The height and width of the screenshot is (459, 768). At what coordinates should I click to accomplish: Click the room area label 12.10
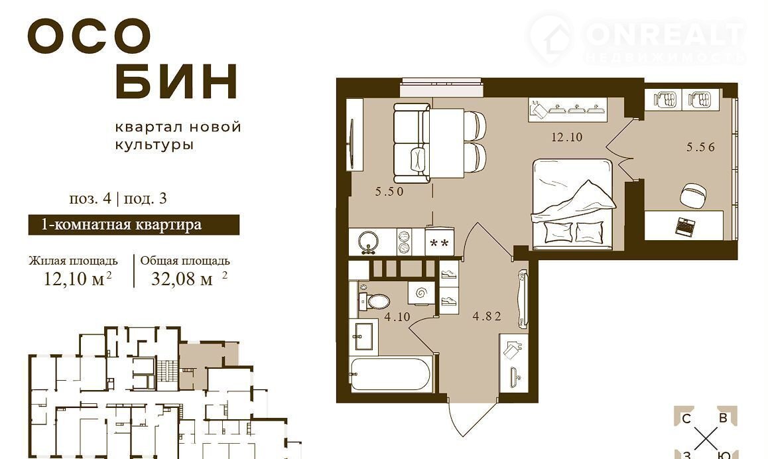(566, 137)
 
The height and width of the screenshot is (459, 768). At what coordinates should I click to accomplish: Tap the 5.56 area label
(700, 147)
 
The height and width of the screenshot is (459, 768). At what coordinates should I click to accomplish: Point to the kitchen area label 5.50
(389, 192)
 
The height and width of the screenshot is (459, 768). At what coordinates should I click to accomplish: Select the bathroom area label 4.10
(397, 317)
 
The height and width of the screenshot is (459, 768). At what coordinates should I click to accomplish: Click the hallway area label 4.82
(487, 316)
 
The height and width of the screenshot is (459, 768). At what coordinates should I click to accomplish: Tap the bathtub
(390, 375)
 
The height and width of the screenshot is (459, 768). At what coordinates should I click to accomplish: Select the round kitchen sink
(367, 241)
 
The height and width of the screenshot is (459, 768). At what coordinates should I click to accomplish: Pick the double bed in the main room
(573, 201)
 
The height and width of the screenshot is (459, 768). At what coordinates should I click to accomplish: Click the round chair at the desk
(693, 194)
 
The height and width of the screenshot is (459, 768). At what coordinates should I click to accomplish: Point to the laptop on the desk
(685, 226)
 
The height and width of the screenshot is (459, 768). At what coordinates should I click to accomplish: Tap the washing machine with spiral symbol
(420, 293)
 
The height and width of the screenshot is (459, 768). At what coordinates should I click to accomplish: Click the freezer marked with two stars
(439, 243)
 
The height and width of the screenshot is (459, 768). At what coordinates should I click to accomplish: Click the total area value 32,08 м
(182, 279)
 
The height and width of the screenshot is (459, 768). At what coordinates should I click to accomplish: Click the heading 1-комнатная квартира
(121, 224)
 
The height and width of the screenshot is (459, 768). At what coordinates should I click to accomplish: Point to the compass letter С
(686, 419)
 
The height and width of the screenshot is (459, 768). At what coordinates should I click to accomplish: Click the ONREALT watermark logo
(637, 39)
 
